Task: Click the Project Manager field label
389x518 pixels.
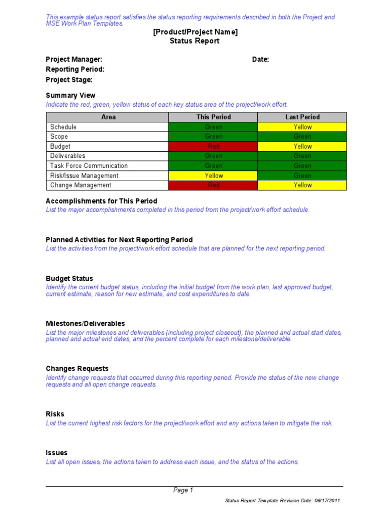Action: coord(74,59)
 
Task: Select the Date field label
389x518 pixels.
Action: coord(260,59)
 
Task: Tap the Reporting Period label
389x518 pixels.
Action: coord(75,69)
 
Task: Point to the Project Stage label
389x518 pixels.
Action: coord(69,79)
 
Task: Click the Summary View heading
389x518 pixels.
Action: coord(70,95)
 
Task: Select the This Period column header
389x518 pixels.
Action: coord(213,117)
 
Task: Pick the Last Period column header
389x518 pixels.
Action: coord(302,117)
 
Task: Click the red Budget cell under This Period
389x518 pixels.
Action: coord(213,146)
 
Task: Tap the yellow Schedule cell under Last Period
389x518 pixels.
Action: coord(302,127)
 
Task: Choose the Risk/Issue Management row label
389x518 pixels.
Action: coord(84,176)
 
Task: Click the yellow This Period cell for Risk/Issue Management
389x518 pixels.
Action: coord(213,176)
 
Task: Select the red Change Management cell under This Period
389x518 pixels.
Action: coord(213,185)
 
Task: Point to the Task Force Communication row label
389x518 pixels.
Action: coord(89,165)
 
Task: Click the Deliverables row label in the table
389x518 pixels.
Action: coord(68,156)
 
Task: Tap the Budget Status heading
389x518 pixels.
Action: coord(69,278)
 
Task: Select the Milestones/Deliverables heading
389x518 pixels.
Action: coord(85,323)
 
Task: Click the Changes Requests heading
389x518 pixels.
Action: coord(77,368)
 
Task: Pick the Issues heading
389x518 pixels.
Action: coord(56,453)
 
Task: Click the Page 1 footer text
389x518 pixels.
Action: coord(183,490)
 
